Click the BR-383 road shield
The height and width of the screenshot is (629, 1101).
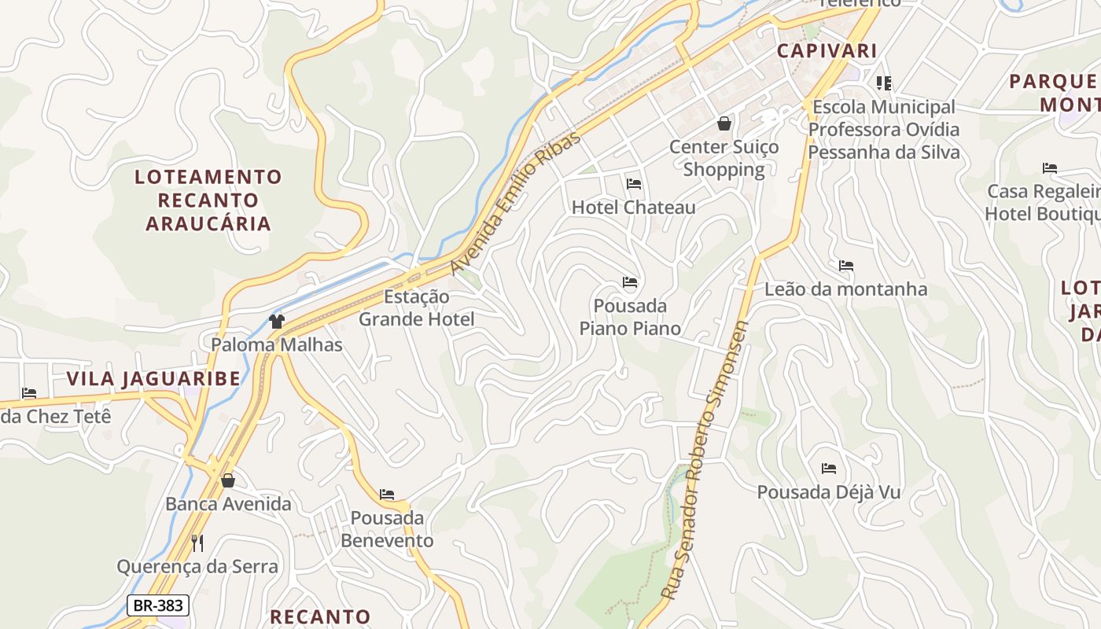157,605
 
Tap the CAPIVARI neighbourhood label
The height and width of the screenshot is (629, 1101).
827,51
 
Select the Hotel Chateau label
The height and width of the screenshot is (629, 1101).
633,208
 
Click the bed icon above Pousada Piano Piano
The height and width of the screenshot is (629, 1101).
630,282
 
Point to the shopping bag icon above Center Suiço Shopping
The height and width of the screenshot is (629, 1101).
724,123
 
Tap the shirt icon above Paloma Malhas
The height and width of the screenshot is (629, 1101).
277,321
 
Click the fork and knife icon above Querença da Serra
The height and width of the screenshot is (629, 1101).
197,543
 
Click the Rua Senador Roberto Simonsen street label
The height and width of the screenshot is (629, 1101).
705,460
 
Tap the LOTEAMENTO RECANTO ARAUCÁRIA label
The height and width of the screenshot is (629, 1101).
208,200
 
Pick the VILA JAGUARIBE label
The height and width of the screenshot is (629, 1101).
153,379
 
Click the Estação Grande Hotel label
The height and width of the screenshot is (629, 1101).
417,308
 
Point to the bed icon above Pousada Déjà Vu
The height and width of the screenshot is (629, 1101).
829,469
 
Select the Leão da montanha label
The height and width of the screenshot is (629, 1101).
846,289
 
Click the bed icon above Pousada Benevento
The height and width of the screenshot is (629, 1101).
387,495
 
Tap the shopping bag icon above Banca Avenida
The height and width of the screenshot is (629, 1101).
228,480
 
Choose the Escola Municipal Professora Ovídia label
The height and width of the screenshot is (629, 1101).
884,129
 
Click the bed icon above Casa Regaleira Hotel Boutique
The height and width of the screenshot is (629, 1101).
1049,167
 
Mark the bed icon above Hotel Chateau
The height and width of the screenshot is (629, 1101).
634,184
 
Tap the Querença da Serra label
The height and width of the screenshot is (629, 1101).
197,566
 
